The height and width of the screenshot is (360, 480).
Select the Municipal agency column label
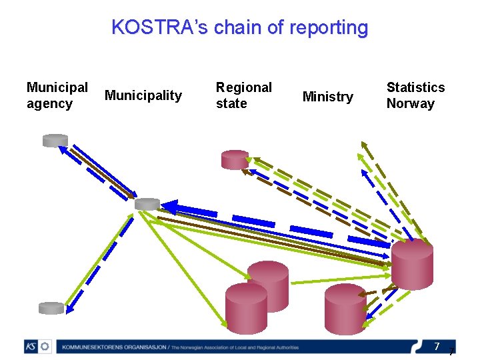[x=57, y=95]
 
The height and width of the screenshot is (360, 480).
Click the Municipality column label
[x=143, y=95]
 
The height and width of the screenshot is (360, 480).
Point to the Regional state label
[x=243, y=95]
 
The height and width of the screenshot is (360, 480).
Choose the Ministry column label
[x=327, y=97]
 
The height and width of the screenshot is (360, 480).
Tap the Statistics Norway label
[x=415, y=95]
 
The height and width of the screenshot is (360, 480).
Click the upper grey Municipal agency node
[x=55, y=140]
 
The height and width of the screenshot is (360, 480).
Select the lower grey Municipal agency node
[x=51, y=308]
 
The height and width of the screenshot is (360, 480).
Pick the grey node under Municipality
[x=147, y=204]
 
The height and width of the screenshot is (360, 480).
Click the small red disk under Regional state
[x=235, y=159]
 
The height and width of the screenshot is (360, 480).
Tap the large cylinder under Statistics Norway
[x=411, y=264]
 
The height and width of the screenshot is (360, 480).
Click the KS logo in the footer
[x=31, y=347]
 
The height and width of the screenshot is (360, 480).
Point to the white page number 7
[x=437, y=347]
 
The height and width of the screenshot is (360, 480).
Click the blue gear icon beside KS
[x=45, y=347]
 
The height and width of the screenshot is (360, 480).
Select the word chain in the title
[x=231, y=27]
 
